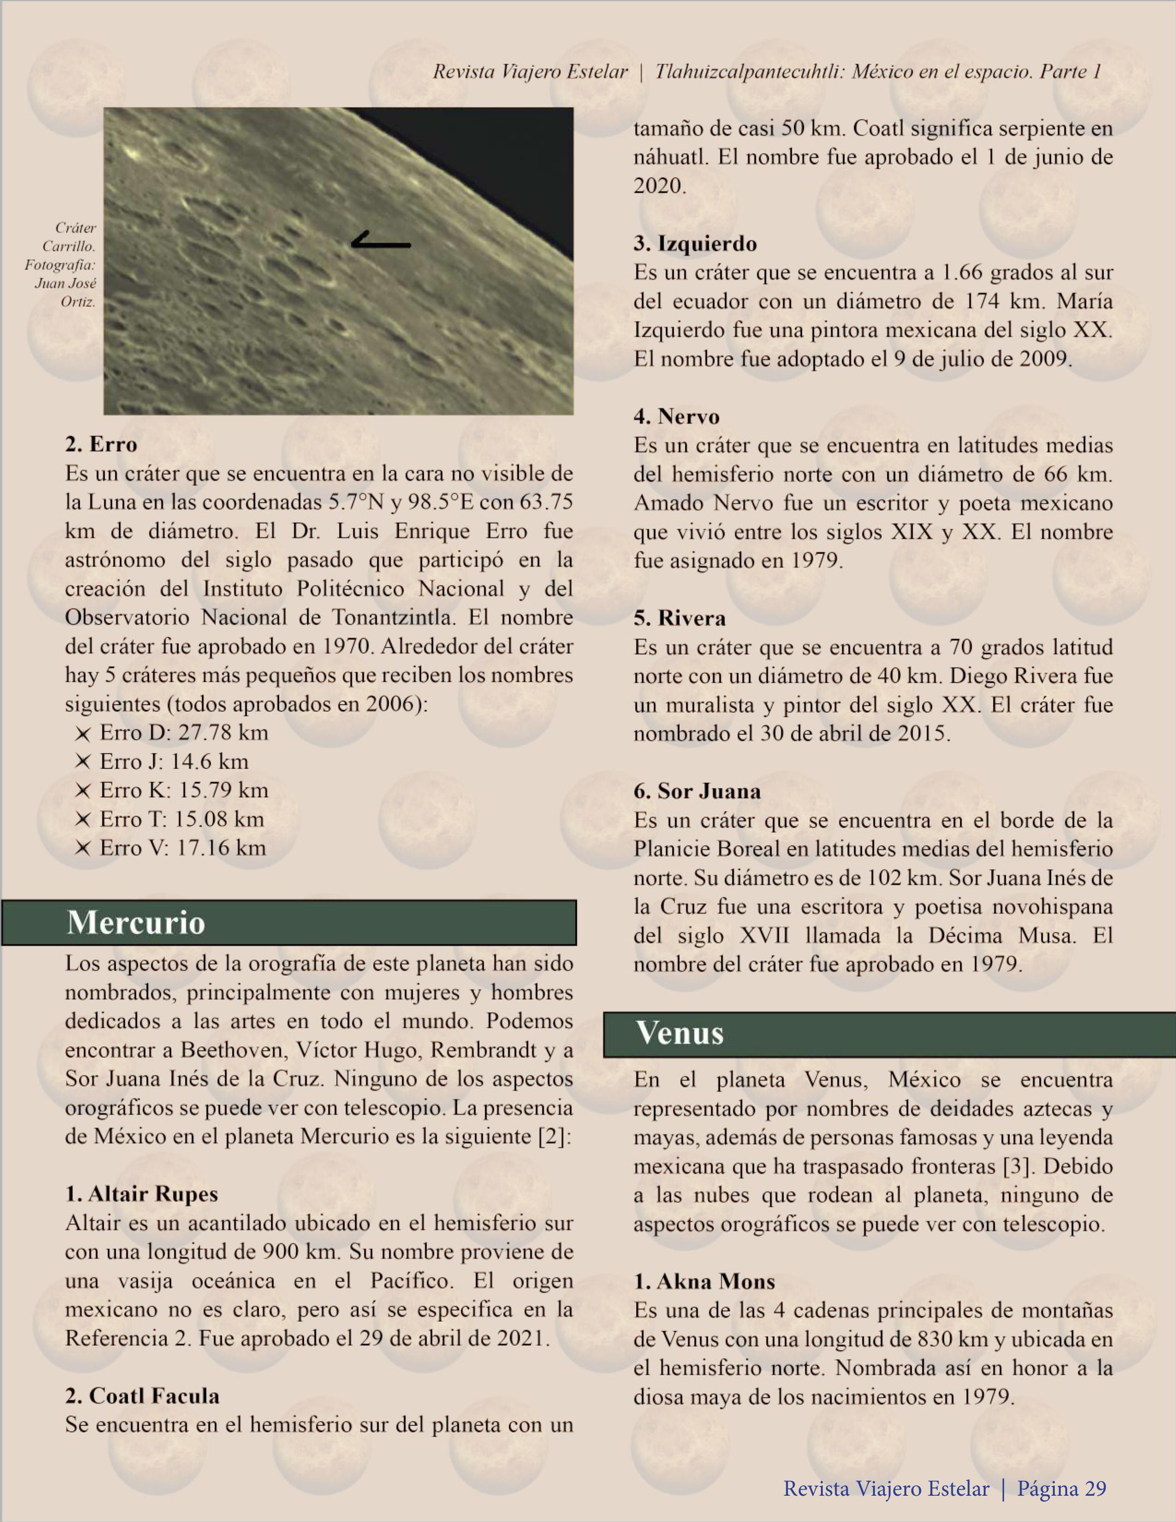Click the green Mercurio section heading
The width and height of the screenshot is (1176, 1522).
click(289, 923)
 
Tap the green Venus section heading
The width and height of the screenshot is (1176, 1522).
click(889, 1033)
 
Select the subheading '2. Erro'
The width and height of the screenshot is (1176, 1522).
click(101, 444)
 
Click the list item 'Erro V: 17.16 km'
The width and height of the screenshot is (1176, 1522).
click(183, 847)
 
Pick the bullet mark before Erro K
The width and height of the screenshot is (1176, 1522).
click(83, 791)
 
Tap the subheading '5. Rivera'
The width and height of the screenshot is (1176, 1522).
click(680, 618)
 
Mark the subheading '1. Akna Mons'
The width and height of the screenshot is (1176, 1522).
click(704, 1282)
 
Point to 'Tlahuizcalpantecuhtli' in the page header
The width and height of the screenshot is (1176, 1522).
click(750, 72)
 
